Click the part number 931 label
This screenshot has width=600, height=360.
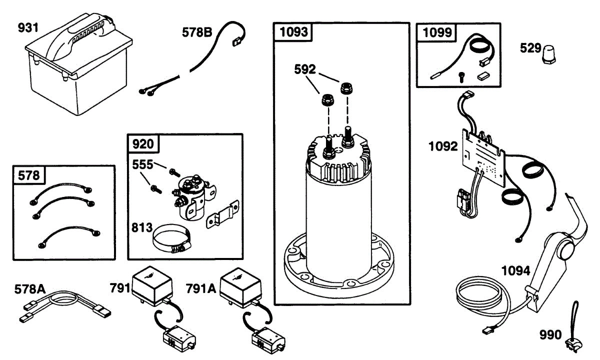point(28,28)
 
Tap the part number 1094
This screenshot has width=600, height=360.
point(516,271)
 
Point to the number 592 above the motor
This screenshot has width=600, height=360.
point(304,69)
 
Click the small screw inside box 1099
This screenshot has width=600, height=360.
point(461,77)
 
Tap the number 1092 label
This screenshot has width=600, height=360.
point(443,147)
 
